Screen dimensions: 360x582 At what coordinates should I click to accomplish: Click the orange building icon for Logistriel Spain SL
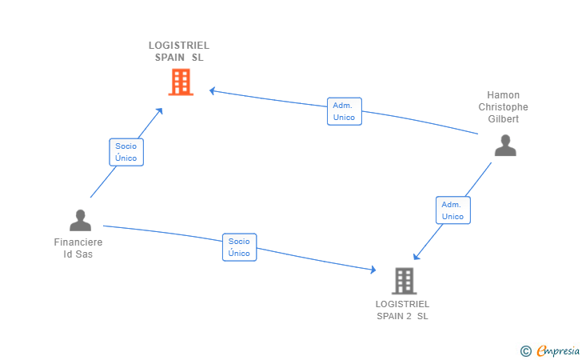tap(181, 82)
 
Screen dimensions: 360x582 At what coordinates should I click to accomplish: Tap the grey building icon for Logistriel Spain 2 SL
tap(405, 281)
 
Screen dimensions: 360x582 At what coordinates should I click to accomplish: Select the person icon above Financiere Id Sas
tap(80, 220)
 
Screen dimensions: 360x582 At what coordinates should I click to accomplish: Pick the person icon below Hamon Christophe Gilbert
tap(504, 145)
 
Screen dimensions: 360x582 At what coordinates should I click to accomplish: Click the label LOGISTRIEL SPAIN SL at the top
tap(179, 51)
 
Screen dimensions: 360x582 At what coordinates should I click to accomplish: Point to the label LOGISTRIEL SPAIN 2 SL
tap(403, 310)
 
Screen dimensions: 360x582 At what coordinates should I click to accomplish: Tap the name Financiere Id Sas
tap(78, 248)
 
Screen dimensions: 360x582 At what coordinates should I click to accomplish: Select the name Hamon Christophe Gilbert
tap(504, 107)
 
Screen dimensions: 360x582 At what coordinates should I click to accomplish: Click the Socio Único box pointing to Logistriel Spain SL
tap(126, 152)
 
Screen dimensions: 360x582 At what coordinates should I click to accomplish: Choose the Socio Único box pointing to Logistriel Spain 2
tap(239, 247)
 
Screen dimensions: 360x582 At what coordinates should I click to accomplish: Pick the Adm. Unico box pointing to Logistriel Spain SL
tap(345, 111)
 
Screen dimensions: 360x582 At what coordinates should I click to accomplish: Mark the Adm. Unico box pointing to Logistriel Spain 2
tap(453, 210)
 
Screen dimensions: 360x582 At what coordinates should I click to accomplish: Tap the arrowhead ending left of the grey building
tap(372, 271)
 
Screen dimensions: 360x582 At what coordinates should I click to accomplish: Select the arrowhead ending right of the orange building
tap(213, 90)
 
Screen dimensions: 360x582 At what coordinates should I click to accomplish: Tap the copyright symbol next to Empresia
tap(525, 350)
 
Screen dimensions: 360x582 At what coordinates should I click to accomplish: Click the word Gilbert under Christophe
tap(504, 119)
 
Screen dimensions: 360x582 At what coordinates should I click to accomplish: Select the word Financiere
tap(78, 242)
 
